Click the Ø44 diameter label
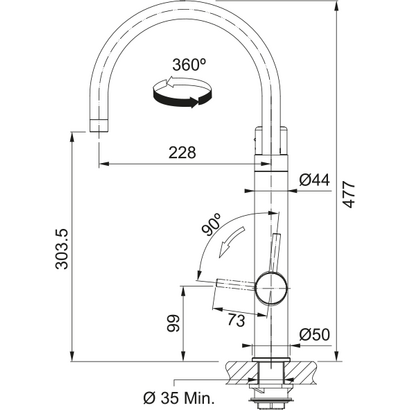coord(315,179)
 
